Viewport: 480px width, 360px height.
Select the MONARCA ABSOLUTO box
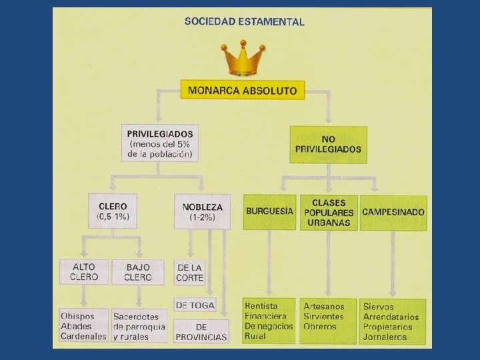[243, 90]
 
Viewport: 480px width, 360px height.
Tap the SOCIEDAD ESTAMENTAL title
[244, 21]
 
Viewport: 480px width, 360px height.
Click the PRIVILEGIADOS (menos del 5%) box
[160, 143]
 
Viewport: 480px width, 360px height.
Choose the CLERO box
[113, 211]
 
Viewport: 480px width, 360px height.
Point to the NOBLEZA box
[202, 211]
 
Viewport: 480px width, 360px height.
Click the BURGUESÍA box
[269, 211]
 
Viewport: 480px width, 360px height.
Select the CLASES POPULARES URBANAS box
[328, 212]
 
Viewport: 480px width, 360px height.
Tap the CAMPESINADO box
[393, 212]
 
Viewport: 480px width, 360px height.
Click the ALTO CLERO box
[84, 272]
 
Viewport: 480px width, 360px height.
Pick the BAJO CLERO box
[138, 272]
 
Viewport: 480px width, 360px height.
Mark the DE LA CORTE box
[190, 272]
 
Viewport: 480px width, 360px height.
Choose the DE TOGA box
[195, 305]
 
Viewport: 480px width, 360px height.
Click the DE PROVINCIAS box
[201, 331]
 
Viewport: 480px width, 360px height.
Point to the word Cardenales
[83, 337]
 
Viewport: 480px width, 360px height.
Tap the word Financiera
[266, 316]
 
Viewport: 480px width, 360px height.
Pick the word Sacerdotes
[136, 316]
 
